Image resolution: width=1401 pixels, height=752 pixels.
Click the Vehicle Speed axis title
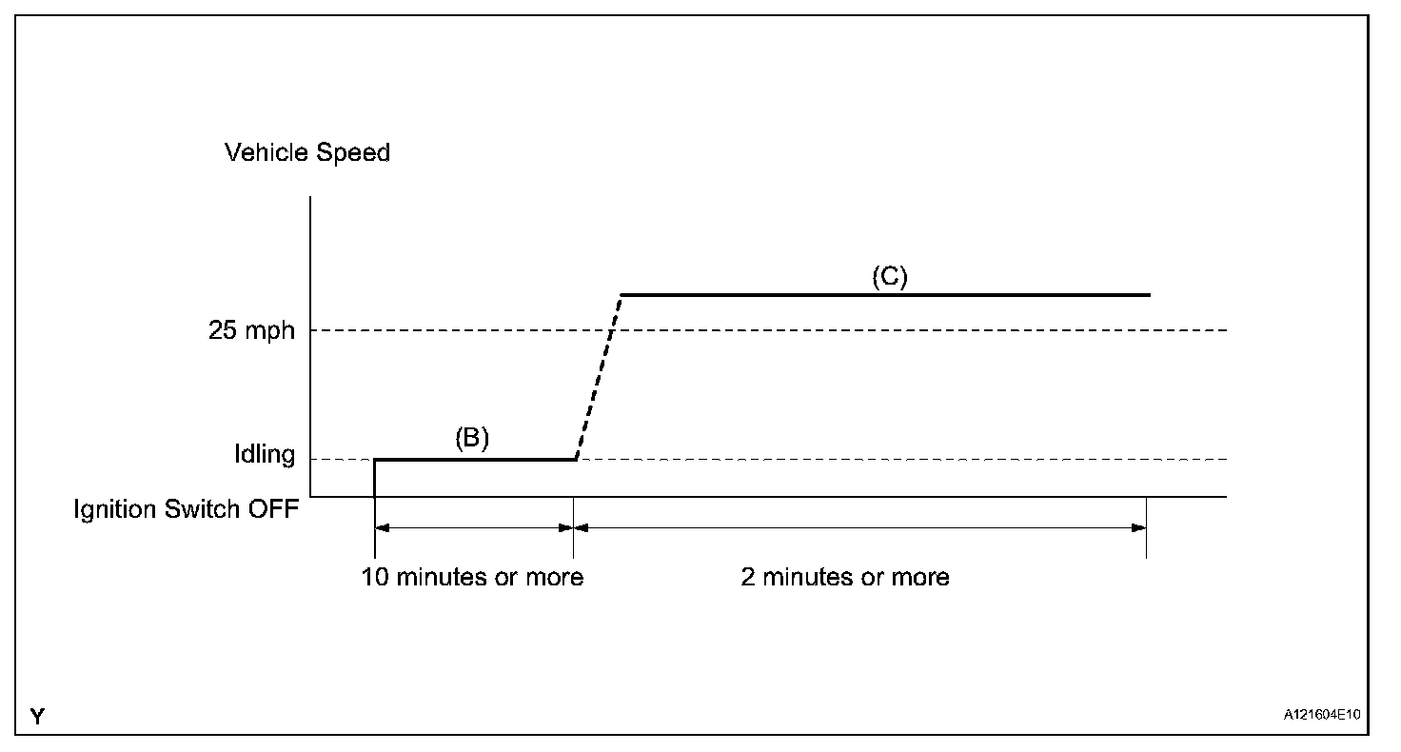tap(307, 152)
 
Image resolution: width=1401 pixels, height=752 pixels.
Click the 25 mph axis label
tap(251, 331)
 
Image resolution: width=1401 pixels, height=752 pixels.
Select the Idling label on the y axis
tap(265, 454)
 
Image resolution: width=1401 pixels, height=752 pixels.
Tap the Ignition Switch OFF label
tap(187, 508)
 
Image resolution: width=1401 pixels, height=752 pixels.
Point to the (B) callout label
tap(471, 438)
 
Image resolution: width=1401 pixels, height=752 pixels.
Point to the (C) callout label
tap(890, 277)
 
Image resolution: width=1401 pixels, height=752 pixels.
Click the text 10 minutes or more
tap(472, 577)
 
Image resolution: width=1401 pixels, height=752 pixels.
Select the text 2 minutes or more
tap(845, 577)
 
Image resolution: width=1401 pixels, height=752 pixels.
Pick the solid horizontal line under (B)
tap(476, 460)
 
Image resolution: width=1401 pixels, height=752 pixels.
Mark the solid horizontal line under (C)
tap(885, 295)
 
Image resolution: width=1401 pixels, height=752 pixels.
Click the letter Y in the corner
tap(37, 716)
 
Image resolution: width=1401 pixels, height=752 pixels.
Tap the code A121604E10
tap(1322, 715)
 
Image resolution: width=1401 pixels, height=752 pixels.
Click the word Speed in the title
tap(355, 152)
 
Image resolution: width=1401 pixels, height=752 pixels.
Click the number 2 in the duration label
tap(748, 577)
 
